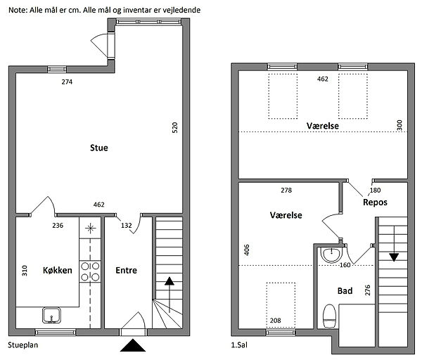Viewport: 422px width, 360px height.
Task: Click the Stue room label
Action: click(99, 148)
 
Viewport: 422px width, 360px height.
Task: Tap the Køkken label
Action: click(58, 270)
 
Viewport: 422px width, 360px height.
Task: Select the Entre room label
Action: click(126, 270)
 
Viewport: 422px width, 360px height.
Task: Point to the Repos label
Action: click(375, 202)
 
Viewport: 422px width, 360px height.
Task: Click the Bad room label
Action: click(345, 291)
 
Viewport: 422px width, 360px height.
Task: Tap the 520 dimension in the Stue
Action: click(175, 127)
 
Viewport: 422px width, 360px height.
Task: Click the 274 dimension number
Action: click(67, 82)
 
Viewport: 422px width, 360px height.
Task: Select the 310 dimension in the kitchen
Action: click(25, 271)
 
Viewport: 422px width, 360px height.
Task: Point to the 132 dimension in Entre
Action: click(126, 225)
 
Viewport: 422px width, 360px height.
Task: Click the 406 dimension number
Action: click(247, 250)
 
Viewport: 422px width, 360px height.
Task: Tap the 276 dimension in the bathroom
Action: click(368, 290)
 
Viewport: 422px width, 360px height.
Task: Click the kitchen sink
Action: click(51, 315)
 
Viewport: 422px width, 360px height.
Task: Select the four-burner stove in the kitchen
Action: click(90, 271)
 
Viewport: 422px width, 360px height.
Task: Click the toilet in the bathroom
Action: click(329, 316)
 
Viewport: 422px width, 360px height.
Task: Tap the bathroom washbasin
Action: click(331, 255)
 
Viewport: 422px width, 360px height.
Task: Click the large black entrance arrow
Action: click(133, 345)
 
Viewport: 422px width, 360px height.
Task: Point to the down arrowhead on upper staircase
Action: click(394, 257)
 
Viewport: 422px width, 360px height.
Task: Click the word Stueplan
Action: click(23, 345)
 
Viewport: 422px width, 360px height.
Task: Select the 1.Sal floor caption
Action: click(239, 345)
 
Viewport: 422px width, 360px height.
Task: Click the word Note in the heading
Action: click(18, 11)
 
